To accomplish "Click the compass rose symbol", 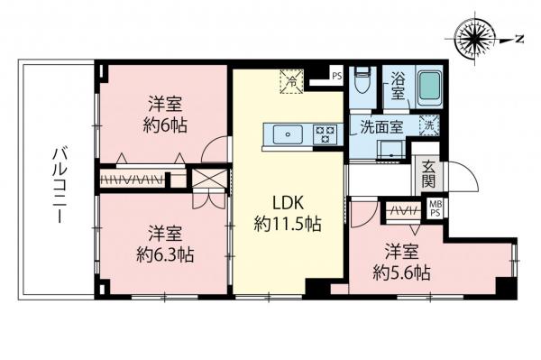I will (x=478, y=38).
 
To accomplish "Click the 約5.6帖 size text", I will (x=402, y=271).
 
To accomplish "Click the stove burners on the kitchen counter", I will (x=325, y=135).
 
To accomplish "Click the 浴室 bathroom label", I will (x=398, y=91).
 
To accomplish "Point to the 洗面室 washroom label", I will (x=382, y=126).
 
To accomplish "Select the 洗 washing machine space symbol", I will (x=430, y=126).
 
